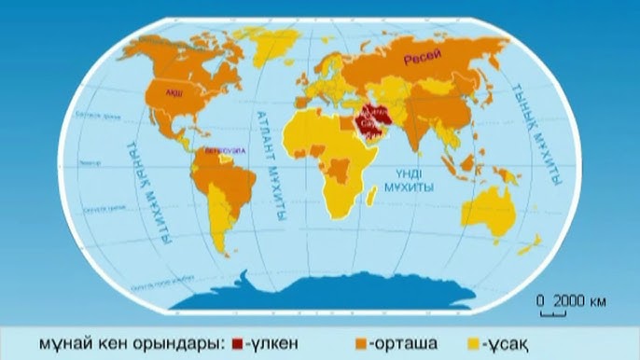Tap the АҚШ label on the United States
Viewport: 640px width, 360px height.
(174, 93)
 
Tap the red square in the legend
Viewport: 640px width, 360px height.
(237, 344)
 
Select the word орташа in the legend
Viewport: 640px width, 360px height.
(401, 344)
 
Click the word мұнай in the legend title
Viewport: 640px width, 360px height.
(63, 344)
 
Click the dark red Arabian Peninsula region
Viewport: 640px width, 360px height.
(369, 126)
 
